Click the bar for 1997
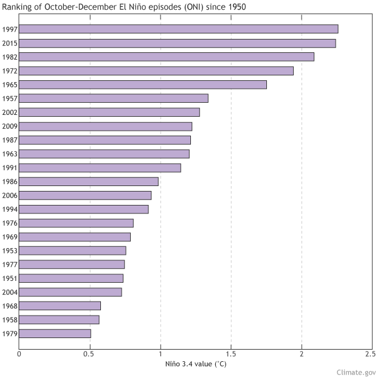pyautogui.click(x=178, y=29)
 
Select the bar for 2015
pyautogui.click(x=177, y=43)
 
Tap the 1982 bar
pyautogui.click(x=167, y=57)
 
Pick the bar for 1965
pyautogui.click(x=143, y=85)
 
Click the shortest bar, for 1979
pyautogui.click(x=55, y=333)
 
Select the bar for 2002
pyautogui.click(x=109, y=112)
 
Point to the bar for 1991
pyautogui.click(x=100, y=167)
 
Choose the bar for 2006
pyautogui.click(x=85, y=195)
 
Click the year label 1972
pyautogui.click(x=9, y=71)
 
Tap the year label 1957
pyautogui.click(x=9, y=99)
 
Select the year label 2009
pyautogui.click(x=9, y=126)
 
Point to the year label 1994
pyautogui.click(x=9, y=209)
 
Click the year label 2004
pyautogui.click(x=9, y=292)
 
